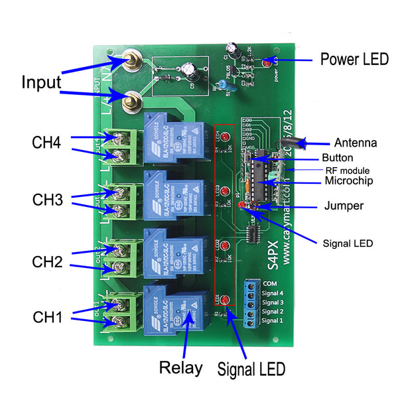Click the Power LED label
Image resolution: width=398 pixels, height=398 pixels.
click(x=354, y=59)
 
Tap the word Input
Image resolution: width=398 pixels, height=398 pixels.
click(x=41, y=83)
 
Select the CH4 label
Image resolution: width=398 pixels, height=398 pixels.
click(x=48, y=143)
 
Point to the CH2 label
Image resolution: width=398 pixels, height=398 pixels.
click(x=48, y=262)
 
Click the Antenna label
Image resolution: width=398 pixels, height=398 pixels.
click(x=355, y=143)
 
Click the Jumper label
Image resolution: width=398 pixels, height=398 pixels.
click(x=344, y=206)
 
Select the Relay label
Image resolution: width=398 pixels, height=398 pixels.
click(x=181, y=368)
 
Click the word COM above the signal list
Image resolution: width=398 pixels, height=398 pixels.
click(x=270, y=283)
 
